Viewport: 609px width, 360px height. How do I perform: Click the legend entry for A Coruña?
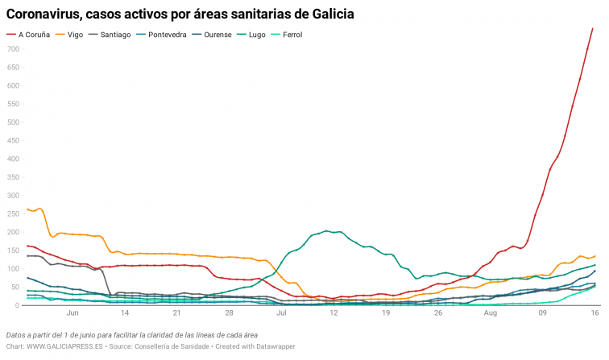[31, 35]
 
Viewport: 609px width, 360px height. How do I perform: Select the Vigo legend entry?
[75, 35]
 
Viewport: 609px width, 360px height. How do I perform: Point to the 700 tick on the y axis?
[12, 49]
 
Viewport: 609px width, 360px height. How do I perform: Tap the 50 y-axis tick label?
[14, 287]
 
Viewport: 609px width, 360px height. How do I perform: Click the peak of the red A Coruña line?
[593, 28]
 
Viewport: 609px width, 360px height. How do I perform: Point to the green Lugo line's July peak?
[327, 230]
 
